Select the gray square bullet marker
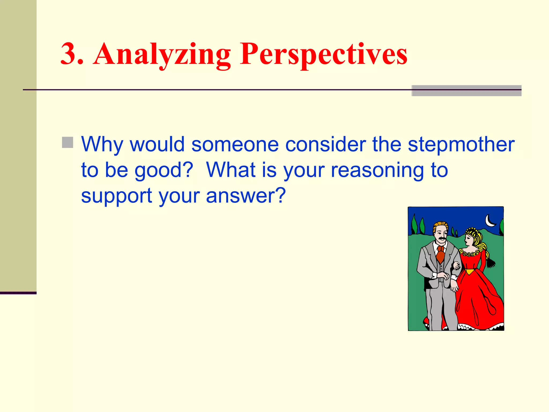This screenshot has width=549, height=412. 68,142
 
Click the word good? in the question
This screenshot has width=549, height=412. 164,170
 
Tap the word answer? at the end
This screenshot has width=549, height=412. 246,196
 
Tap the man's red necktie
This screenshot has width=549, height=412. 440,255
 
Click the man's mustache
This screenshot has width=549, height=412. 441,238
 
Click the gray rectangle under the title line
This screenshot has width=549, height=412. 466,91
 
